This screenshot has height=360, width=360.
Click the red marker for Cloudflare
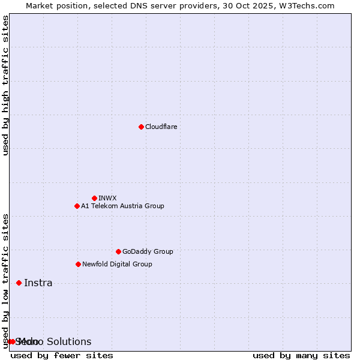pos(141,127)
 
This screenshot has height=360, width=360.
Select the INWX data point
pos(94,198)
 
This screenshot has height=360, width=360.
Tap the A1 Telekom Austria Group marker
pos(77,206)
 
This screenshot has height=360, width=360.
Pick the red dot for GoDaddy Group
pos(118,251)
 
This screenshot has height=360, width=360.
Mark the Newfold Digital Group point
pos(78,264)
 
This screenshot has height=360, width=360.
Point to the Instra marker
pos(19,283)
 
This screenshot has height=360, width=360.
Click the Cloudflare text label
pos(161,127)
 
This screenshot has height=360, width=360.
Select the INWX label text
pos(107,198)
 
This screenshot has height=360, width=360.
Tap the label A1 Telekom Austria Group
pos(122,206)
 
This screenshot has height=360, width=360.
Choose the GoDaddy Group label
pos(148,251)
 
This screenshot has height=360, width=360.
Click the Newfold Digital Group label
pos(117,264)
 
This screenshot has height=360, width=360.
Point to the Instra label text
pos(38,283)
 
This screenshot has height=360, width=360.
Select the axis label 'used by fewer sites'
pos(62,356)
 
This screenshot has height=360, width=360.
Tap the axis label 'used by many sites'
pos(301,356)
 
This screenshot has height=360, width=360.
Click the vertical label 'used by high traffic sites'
pos(5,85)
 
